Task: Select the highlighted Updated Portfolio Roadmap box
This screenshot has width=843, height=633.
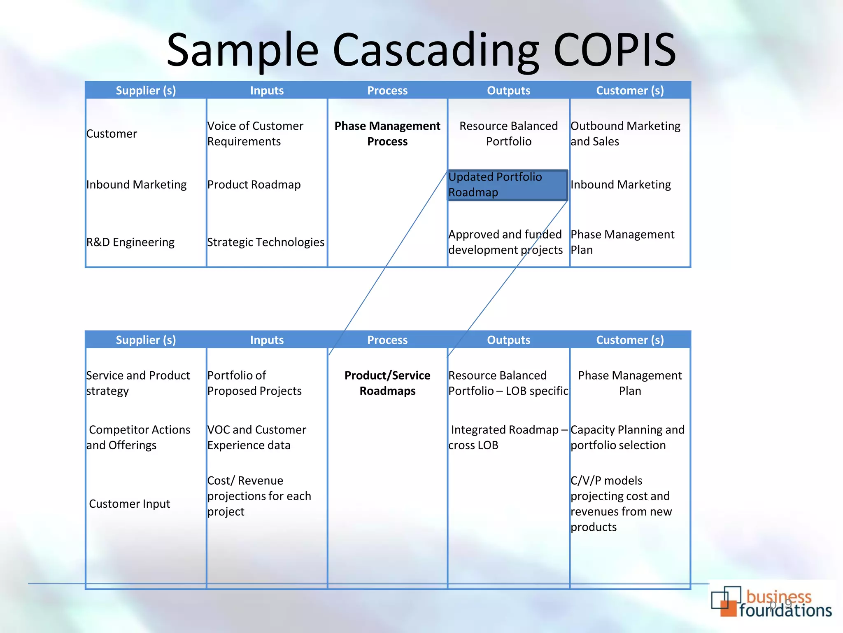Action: [x=508, y=185]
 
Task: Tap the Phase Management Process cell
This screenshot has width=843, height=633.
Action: [x=387, y=134]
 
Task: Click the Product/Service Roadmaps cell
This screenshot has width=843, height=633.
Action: [x=387, y=383]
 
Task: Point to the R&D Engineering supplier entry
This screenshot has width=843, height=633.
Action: [x=130, y=242]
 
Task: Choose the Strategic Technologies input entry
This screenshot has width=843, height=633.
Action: [x=266, y=242]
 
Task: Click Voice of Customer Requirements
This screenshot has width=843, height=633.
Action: [x=255, y=134]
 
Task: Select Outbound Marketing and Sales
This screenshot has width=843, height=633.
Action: [x=625, y=134]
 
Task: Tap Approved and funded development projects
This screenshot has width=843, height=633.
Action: [x=505, y=242]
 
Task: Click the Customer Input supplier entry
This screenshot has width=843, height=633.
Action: [x=129, y=504]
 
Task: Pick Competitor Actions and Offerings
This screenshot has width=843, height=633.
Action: [x=138, y=437]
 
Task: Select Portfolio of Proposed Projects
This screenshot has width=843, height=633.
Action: [x=254, y=383]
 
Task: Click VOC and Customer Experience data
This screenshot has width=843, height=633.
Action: [x=256, y=437]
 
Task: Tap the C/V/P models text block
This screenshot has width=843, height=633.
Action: [x=621, y=504]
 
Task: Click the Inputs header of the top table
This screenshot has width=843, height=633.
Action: [x=267, y=91]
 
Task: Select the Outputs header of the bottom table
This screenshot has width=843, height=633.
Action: [x=508, y=340]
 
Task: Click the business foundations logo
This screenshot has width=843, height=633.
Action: [x=771, y=603]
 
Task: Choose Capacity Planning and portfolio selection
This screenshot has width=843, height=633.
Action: [x=627, y=437]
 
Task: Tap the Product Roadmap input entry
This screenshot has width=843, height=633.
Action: [x=254, y=185]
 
